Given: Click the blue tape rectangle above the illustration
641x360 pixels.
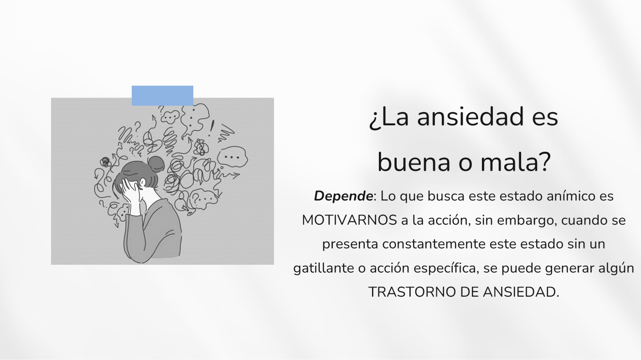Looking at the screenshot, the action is [162, 96].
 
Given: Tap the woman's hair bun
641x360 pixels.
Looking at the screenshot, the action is [156, 164].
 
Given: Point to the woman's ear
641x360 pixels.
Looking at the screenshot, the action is [143, 183].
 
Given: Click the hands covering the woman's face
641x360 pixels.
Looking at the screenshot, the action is [131, 195].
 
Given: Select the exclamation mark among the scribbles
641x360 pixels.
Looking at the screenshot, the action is [211, 128].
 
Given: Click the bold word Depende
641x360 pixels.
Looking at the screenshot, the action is [343, 196].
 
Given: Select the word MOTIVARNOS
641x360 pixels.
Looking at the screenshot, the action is [349, 220].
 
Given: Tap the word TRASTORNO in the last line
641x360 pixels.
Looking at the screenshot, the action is [412, 292].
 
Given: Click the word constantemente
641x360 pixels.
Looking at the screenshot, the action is [434, 244].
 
